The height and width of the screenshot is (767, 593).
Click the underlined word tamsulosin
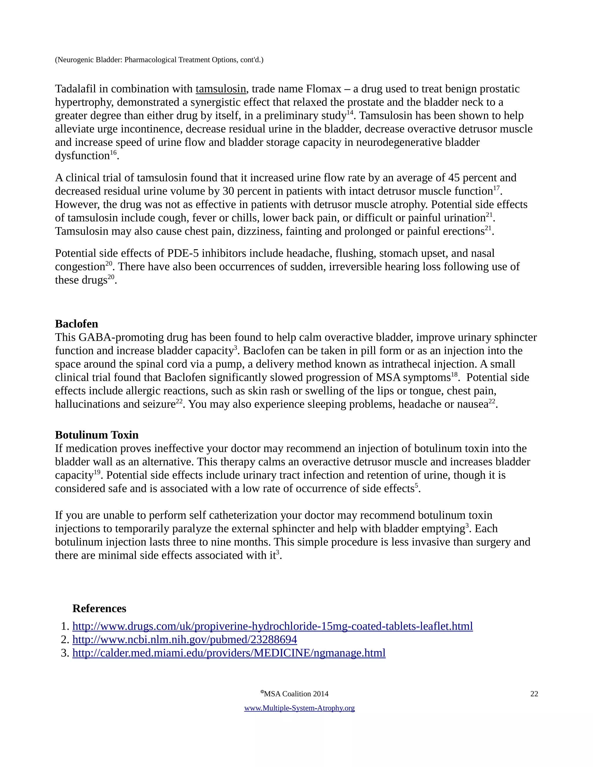tap(221, 89)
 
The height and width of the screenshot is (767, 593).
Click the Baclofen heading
tap(76, 324)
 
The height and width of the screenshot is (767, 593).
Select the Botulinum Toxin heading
tap(97, 435)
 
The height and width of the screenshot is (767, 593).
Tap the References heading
tap(99, 609)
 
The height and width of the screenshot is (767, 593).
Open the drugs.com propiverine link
tap(272, 626)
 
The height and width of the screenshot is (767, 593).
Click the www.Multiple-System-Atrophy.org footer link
tap(299, 708)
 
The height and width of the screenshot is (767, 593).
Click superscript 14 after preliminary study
tap(350, 113)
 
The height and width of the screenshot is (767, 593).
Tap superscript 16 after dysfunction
tap(113, 153)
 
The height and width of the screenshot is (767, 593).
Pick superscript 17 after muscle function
tap(496, 188)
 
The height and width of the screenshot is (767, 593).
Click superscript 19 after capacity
tap(97, 472)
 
